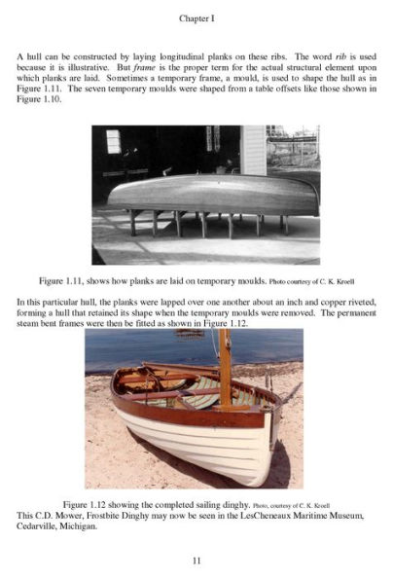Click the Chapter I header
pyautogui.click(x=196, y=18)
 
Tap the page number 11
pyautogui.click(x=196, y=561)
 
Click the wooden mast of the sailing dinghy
pyautogui.click(x=225, y=370)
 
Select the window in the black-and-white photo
pyautogui.click(x=113, y=141)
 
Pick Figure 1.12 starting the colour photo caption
pyautogui.click(x=87, y=504)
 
